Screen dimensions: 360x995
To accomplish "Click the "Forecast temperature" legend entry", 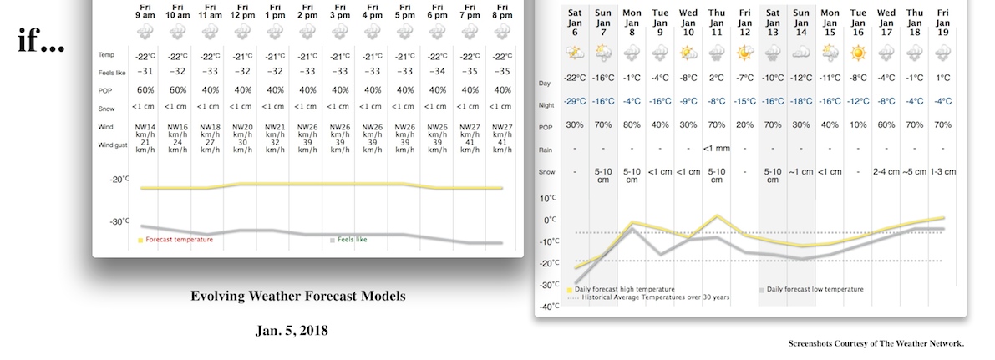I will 179,240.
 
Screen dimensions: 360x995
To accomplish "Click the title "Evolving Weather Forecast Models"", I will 298,296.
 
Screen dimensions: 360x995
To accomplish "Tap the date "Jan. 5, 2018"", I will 292,331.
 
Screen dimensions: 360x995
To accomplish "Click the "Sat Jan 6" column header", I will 575,23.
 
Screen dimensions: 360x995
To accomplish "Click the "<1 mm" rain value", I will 717,148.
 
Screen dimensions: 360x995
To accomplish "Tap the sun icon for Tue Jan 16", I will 858,53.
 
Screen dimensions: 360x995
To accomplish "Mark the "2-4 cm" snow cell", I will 886,172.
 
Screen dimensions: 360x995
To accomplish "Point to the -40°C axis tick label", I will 548,307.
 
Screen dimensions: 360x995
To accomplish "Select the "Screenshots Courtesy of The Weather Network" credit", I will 876,343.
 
